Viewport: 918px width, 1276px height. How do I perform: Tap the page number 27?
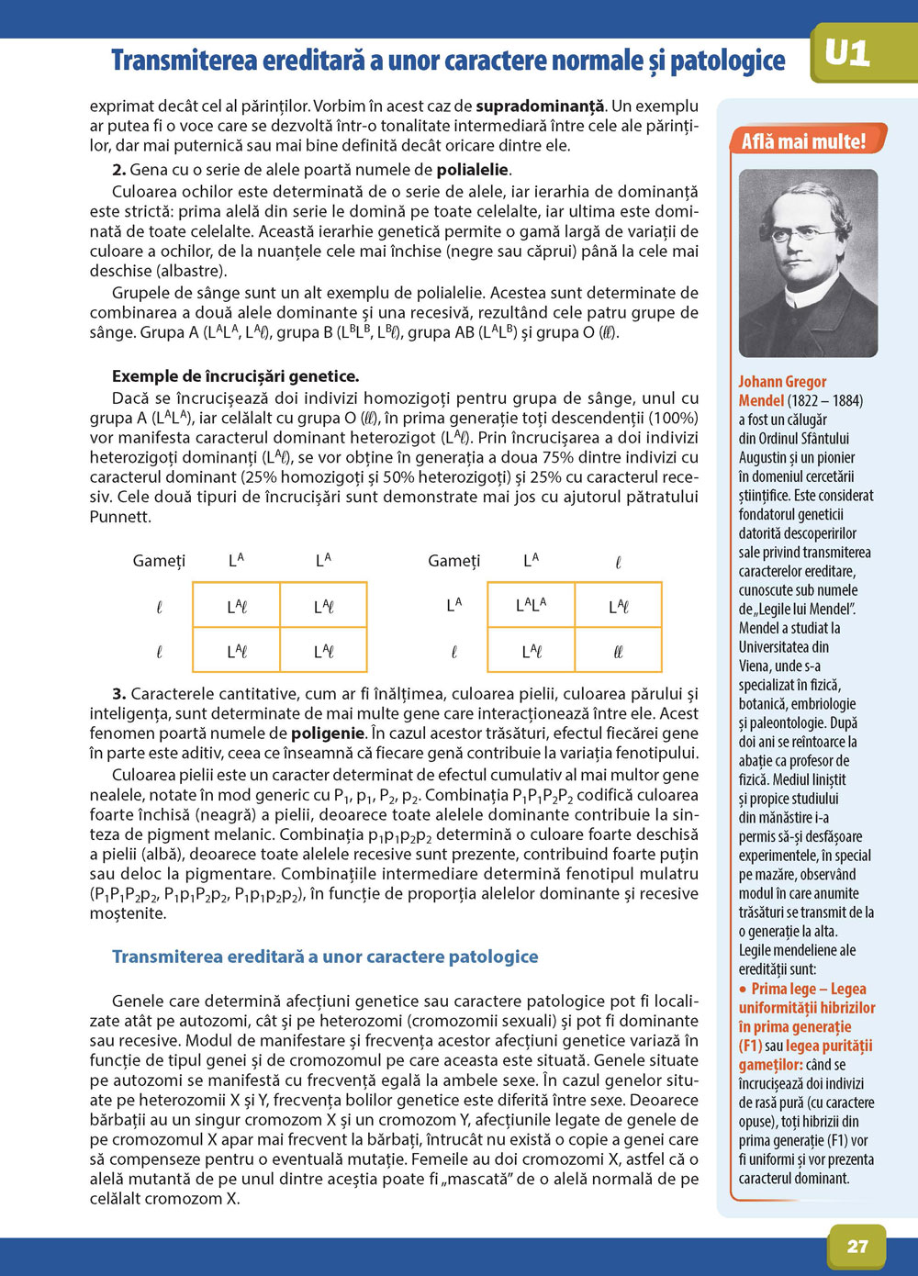point(857,1246)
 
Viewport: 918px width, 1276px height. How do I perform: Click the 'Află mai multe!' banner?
point(803,141)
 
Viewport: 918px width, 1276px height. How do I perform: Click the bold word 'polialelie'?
point(472,170)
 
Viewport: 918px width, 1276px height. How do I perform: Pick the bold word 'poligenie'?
point(328,733)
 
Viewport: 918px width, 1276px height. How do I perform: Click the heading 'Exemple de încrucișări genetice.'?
point(235,376)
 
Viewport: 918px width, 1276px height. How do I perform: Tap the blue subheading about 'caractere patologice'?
point(325,957)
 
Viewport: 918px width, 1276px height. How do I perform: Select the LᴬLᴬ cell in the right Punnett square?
point(531,605)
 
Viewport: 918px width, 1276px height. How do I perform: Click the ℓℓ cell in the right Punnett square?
point(618,652)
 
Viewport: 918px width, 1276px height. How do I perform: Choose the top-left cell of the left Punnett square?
point(237,607)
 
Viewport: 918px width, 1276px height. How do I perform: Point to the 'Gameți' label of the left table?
point(159,561)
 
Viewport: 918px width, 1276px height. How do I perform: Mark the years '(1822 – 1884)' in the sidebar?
point(825,401)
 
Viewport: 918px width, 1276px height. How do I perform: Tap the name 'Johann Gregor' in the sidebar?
point(782,382)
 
